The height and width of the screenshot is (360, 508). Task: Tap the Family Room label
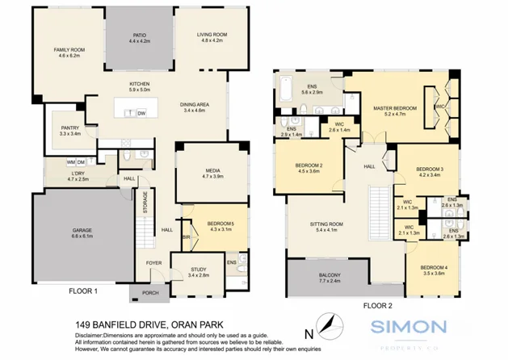[x=69, y=50]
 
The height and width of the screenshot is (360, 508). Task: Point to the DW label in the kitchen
[x=141, y=113]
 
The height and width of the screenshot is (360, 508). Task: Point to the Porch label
[x=150, y=292]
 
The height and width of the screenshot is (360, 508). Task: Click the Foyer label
[x=153, y=262]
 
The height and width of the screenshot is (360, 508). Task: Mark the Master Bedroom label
[x=395, y=107]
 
